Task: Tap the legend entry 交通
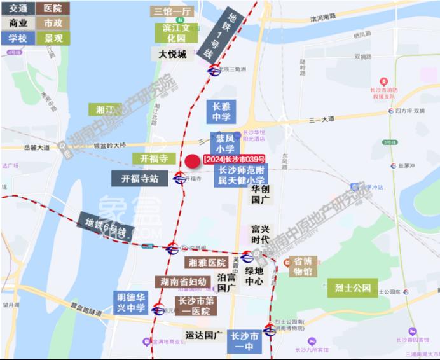[x=18, y=8]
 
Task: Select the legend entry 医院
[x=53, y=8]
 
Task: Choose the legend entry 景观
[x=53, y=38]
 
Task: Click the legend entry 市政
[x=53, y=23]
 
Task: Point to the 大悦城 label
[x=172, y=55]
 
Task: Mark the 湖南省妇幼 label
[x=183, y=281]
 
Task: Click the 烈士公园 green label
[x=352, y=287]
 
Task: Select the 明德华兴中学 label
[x=131, y=302]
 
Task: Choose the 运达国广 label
[x=203, y=335]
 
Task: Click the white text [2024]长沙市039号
[x=234, y=158]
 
